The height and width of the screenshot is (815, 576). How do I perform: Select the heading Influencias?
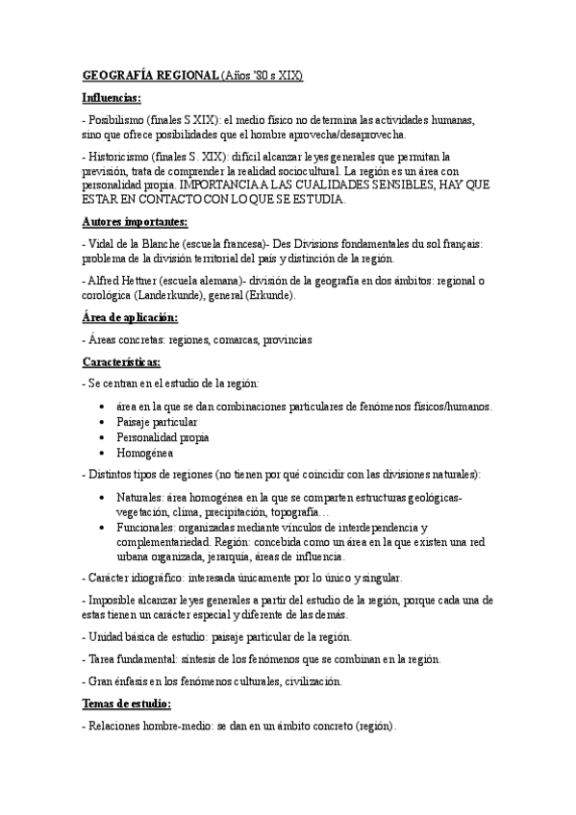click(x=111, y=97)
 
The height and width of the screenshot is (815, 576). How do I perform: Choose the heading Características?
click(x=121, y=362)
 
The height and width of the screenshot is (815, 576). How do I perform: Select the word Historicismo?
click(x=120, y=156)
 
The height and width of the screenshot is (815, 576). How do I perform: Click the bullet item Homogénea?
click(x=145, y=452)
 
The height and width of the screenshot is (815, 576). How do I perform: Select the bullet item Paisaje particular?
click(x=157, y=421)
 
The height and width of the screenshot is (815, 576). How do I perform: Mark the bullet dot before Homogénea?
click(x=103, y=452)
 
